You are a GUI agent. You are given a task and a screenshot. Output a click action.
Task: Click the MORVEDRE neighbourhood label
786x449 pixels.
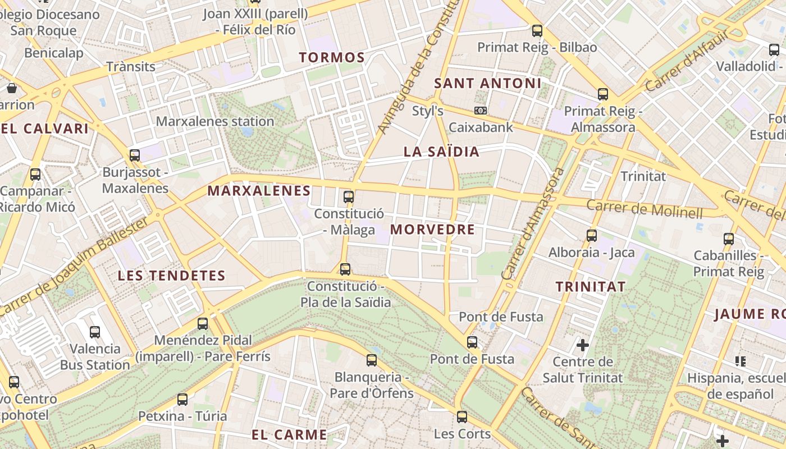pos(432,230)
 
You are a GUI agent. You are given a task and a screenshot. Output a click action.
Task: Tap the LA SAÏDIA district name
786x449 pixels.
pos(441,152)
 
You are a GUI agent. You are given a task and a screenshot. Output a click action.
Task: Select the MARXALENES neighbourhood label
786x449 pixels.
pos(259,191)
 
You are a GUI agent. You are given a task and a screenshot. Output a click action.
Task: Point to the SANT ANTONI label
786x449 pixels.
pos(488,84)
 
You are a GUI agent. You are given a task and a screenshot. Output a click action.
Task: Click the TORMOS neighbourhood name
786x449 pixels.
pos(332,57)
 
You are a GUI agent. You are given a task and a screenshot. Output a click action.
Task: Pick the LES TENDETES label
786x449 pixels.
pos(171,276)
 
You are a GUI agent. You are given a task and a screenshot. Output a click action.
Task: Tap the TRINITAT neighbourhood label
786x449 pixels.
pos(590,287)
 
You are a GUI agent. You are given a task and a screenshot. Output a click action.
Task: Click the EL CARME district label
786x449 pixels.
pos(289,434)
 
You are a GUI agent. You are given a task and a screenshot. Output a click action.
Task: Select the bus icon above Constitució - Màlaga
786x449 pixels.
pos(349,196)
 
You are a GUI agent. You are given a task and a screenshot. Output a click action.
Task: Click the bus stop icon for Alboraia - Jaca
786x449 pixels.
pos(592,236)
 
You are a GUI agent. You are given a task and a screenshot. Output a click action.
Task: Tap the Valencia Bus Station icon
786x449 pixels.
pos(95,332)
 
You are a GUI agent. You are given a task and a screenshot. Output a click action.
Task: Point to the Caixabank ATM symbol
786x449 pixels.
pos(481,111)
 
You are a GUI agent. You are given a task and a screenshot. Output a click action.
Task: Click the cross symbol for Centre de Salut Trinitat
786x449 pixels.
pos(583,344)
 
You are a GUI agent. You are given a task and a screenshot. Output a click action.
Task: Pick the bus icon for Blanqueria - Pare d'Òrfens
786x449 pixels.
pos(372,360)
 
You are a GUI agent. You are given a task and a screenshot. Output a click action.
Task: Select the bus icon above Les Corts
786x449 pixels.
pos(462,416)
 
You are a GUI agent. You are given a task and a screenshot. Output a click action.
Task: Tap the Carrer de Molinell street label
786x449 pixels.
pos(645,209)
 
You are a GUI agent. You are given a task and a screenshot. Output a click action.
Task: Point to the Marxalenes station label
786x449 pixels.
pos(215,121)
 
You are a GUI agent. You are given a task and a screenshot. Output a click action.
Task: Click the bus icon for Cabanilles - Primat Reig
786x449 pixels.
pos(729,239)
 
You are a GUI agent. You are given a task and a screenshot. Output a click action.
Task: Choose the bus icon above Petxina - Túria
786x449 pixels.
pos(182,399)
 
